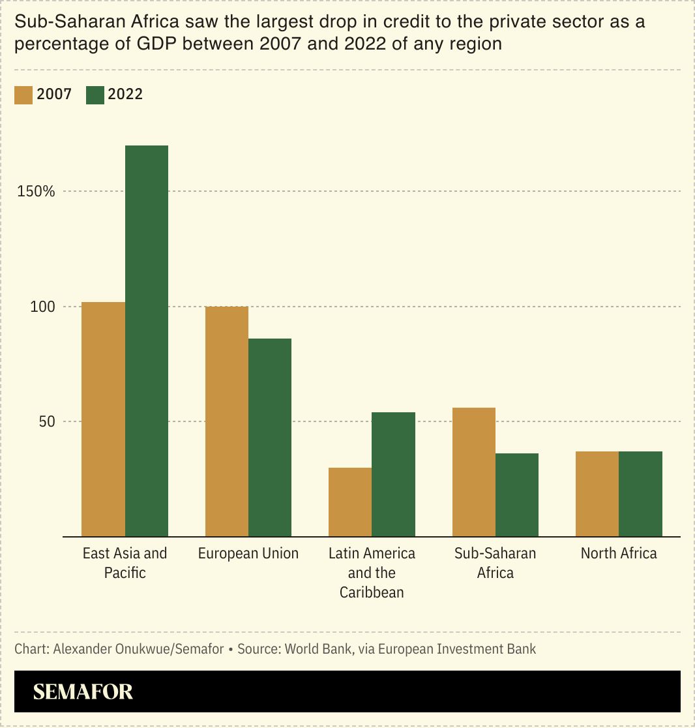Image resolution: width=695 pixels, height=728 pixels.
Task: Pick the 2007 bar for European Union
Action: tap(227, 421)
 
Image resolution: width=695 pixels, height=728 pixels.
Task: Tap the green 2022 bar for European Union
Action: tap(270, 437)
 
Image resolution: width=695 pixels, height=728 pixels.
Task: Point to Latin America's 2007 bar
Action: tap(350, 502)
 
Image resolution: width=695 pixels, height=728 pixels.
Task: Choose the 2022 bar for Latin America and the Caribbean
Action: tap(393, 474)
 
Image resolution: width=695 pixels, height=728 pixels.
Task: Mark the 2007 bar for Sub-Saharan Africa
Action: tap(474, 472)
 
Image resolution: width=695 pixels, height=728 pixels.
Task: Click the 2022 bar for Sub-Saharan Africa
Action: tap(517, 494)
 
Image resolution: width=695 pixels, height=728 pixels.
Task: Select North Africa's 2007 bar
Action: tap(597, 494)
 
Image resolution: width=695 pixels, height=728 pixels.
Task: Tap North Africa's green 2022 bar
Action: tap(640, 494)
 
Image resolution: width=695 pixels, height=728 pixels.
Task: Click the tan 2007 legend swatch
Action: tap(23, 95)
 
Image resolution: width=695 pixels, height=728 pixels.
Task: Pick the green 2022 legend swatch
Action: tap(95, 95)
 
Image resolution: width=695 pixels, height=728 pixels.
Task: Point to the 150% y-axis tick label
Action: tap(36, 192)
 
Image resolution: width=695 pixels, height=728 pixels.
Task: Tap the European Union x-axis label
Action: tap(248, 554)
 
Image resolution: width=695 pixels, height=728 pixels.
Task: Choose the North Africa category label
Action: tap(619, 554)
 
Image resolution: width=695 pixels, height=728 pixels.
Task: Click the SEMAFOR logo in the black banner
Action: tap(83, 691)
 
